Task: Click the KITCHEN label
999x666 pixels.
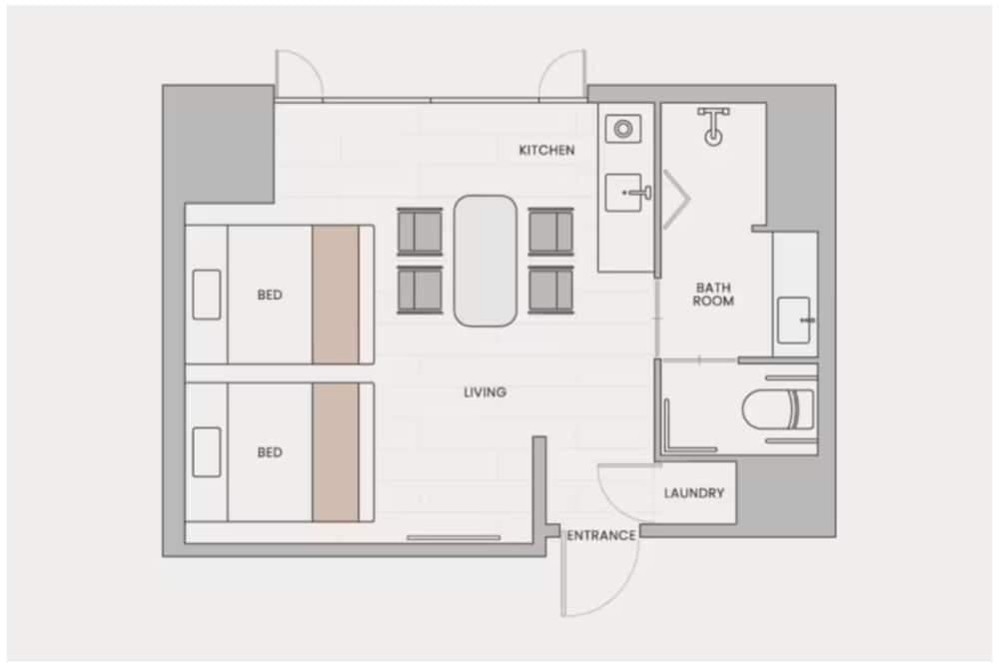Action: [x=546, y=150]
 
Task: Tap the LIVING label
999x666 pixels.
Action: [x=485, y=392]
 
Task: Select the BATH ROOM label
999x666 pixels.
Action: [x=713, y=294]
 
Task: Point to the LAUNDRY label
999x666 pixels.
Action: [x=693, y=492]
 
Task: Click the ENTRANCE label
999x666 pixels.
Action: [x=601, y=535]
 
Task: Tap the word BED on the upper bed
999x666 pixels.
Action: [x=270, y=295]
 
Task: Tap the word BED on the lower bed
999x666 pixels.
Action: [x=270, y=452]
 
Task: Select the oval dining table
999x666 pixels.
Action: [x=486, y=260]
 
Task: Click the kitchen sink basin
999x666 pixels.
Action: [x=625, y=192]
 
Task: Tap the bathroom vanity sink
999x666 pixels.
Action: [x=794, y=320]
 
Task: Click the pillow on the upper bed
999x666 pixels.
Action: [x=207, y=295]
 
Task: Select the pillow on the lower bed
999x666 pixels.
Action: [x=207, y=452]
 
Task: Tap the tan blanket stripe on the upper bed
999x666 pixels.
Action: [x=336, y=295]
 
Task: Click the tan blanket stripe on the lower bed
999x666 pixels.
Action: [x=336, y=452]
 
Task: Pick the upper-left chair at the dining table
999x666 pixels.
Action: [x=420, y=231]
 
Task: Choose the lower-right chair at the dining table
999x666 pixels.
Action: [x=550, y=290]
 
